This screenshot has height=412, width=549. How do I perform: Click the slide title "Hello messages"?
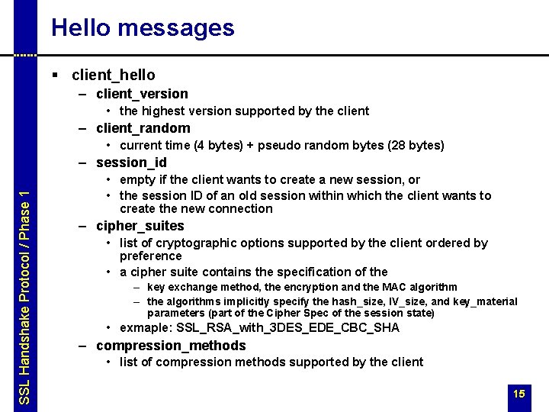point(143,28)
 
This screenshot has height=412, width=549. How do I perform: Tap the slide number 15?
point(519,394)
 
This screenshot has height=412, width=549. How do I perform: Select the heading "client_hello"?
point(113,75)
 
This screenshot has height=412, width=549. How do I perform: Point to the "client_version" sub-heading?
point(142,94)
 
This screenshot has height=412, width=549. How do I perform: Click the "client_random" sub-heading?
point(143,128)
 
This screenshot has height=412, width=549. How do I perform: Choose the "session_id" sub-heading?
point(131,163)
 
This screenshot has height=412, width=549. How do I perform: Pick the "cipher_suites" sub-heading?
point(140,226)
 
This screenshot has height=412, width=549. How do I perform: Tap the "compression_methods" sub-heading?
point(171,346)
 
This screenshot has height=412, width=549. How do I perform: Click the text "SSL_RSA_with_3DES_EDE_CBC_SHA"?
point(288,328)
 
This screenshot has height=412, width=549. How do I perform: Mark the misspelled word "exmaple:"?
point(146,328)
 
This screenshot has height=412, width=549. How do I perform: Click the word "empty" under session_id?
point(137,180)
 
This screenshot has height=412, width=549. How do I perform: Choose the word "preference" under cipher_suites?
point(151,256)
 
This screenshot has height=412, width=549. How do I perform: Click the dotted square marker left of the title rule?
point(26,55)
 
